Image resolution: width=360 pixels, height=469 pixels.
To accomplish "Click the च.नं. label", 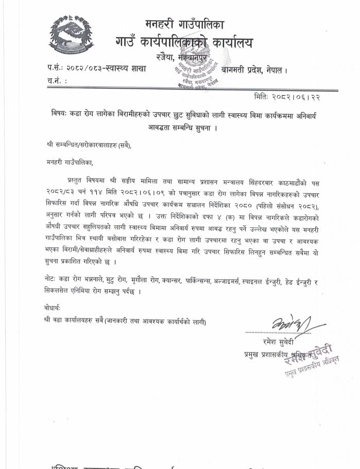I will pyautogui.click(x=54, y=81).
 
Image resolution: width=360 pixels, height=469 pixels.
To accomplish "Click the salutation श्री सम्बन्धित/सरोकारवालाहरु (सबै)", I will pyautogui.click(x=88, y=146).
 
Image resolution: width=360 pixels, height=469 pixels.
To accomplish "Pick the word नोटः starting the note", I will pyautogui.click(x=52, y=278).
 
